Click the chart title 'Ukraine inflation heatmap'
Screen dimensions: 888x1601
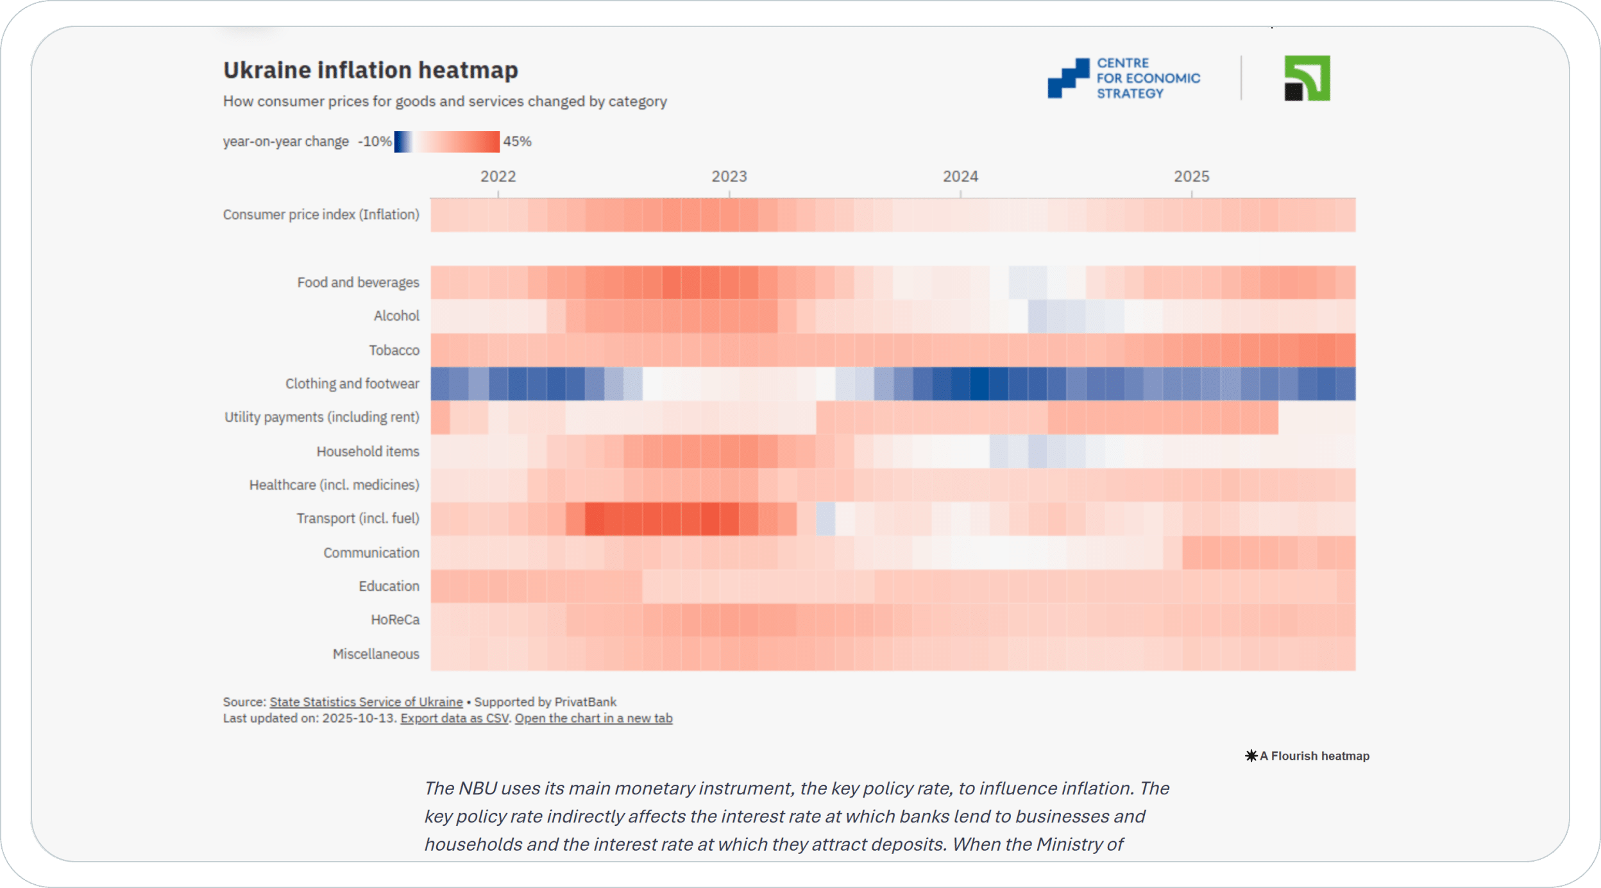370,70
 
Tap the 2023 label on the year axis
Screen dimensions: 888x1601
729,176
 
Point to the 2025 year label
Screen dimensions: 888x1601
1191,176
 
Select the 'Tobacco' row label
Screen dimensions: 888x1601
394,350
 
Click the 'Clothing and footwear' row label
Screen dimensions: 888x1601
352,384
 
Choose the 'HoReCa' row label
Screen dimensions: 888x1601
395,620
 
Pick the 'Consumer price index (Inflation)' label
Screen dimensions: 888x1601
321,214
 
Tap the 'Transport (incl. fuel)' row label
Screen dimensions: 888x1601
357,518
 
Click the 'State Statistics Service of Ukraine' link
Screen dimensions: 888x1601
366,702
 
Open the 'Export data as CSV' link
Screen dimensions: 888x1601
454,719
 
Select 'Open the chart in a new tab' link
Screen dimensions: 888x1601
593,719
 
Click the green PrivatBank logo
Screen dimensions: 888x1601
1307,78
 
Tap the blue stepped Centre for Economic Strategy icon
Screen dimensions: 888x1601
1068,78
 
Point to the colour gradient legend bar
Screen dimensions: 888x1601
446,142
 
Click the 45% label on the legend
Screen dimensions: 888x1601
517,142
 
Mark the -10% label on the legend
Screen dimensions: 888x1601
375,142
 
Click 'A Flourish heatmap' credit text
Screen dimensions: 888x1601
1314,756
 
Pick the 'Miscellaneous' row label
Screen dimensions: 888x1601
376,654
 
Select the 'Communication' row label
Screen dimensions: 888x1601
371,553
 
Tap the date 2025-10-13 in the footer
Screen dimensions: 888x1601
359,719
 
